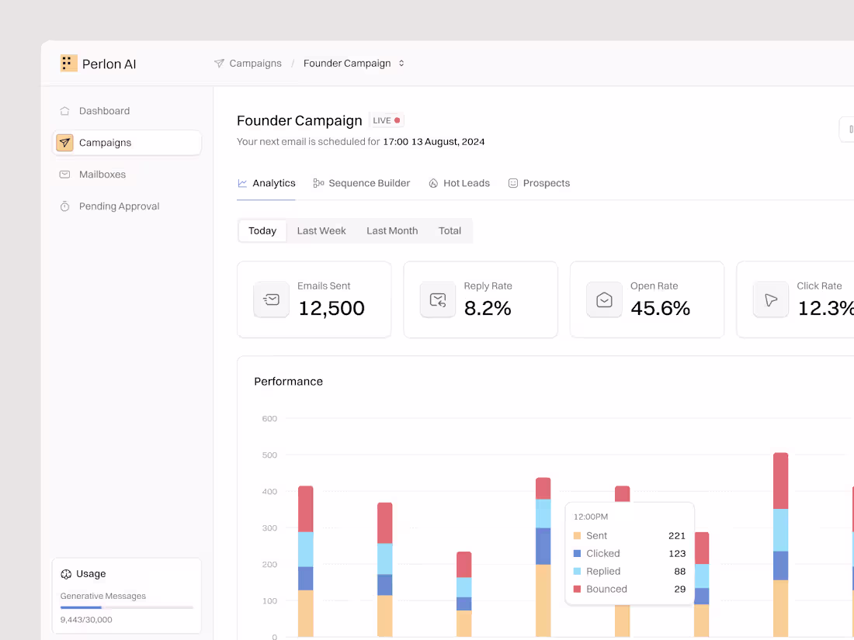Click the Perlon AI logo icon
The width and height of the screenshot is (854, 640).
pyautogui.click(x=68, y=64)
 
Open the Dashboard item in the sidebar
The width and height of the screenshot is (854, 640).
pyautogui.click(x=104, y=111)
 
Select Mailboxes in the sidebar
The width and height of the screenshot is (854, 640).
pyautogui.click(x=102, y=175)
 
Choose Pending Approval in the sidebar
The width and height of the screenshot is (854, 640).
pyautogui.click(x=119, y=206)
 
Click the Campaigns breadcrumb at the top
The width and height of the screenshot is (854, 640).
pyautogui.click(x=255, y=64)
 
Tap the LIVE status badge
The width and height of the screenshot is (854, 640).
pyautogui.click(x=387, y=120)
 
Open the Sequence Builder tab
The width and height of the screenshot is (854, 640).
pyautogui.click(x=369, y=183)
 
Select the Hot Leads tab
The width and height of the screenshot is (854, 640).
pyautogui.click(x=466, y=183)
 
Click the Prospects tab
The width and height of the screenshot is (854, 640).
pyautogui.click(x=546, y=183)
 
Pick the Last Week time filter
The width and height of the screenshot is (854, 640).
pyautogui.click(x=321, y=230)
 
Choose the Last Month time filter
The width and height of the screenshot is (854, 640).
pyautogui.click(x=392, y=230)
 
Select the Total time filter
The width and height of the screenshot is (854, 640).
pyautogui.click(x=450, y=230)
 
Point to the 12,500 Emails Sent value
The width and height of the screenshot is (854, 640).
pyautogui.click(x=332, y=308)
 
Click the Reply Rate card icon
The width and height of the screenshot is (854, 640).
pyautogui.click(x=438, y=299)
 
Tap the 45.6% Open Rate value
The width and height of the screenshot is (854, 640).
pyautogui.click(x=660, y=308)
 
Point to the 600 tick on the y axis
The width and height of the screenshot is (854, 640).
pyautogui.click(x=269, y=419)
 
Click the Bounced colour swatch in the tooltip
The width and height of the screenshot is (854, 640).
pyautogui.click(x=577, y=589)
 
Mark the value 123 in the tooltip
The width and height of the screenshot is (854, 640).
pyautogui.click(x=677, y=553)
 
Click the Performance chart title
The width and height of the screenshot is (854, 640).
pyautogui.click(x=288, y=382)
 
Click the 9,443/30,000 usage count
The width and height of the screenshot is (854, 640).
pyautogui.click(x=86, y=620)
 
